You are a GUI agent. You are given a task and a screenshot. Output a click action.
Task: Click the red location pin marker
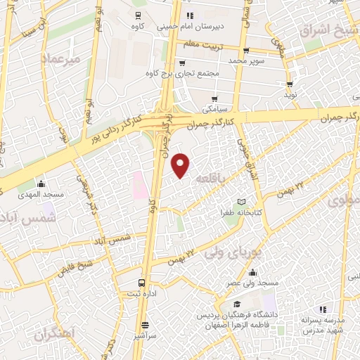tap(181, 165)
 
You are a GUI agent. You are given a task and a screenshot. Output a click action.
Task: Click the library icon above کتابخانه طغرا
tap(243, 202)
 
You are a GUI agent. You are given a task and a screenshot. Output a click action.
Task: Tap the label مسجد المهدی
tap(41, 193)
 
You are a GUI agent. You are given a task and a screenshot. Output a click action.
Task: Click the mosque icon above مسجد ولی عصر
tap(252, 273)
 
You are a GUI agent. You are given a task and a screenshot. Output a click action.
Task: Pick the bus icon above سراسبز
tap(146, 325)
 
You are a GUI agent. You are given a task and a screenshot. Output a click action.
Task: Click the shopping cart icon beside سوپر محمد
tap(245, 51)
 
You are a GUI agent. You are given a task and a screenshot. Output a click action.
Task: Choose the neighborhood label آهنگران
tap(53, 335)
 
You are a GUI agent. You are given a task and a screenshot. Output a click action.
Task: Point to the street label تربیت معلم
tap(202, 44)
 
